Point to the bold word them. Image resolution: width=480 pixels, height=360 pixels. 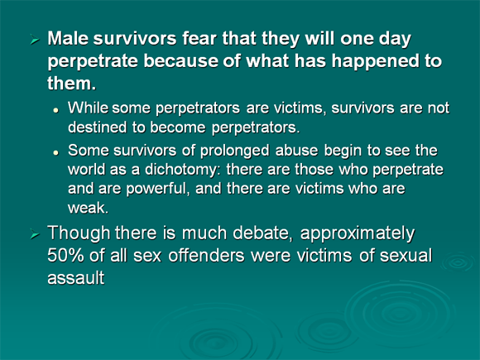72,83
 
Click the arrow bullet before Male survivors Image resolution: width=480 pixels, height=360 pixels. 35,40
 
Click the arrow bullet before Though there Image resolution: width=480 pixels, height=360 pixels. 35,234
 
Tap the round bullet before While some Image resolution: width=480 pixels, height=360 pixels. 55,110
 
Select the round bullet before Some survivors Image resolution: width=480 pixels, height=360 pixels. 55,152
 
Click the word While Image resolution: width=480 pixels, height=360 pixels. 88,108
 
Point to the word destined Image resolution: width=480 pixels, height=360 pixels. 97,127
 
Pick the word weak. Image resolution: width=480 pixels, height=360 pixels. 88,209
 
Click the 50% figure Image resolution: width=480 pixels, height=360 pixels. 65,256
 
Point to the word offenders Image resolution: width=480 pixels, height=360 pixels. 206,256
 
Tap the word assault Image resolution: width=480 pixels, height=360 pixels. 76,278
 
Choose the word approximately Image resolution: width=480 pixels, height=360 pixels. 358,234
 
